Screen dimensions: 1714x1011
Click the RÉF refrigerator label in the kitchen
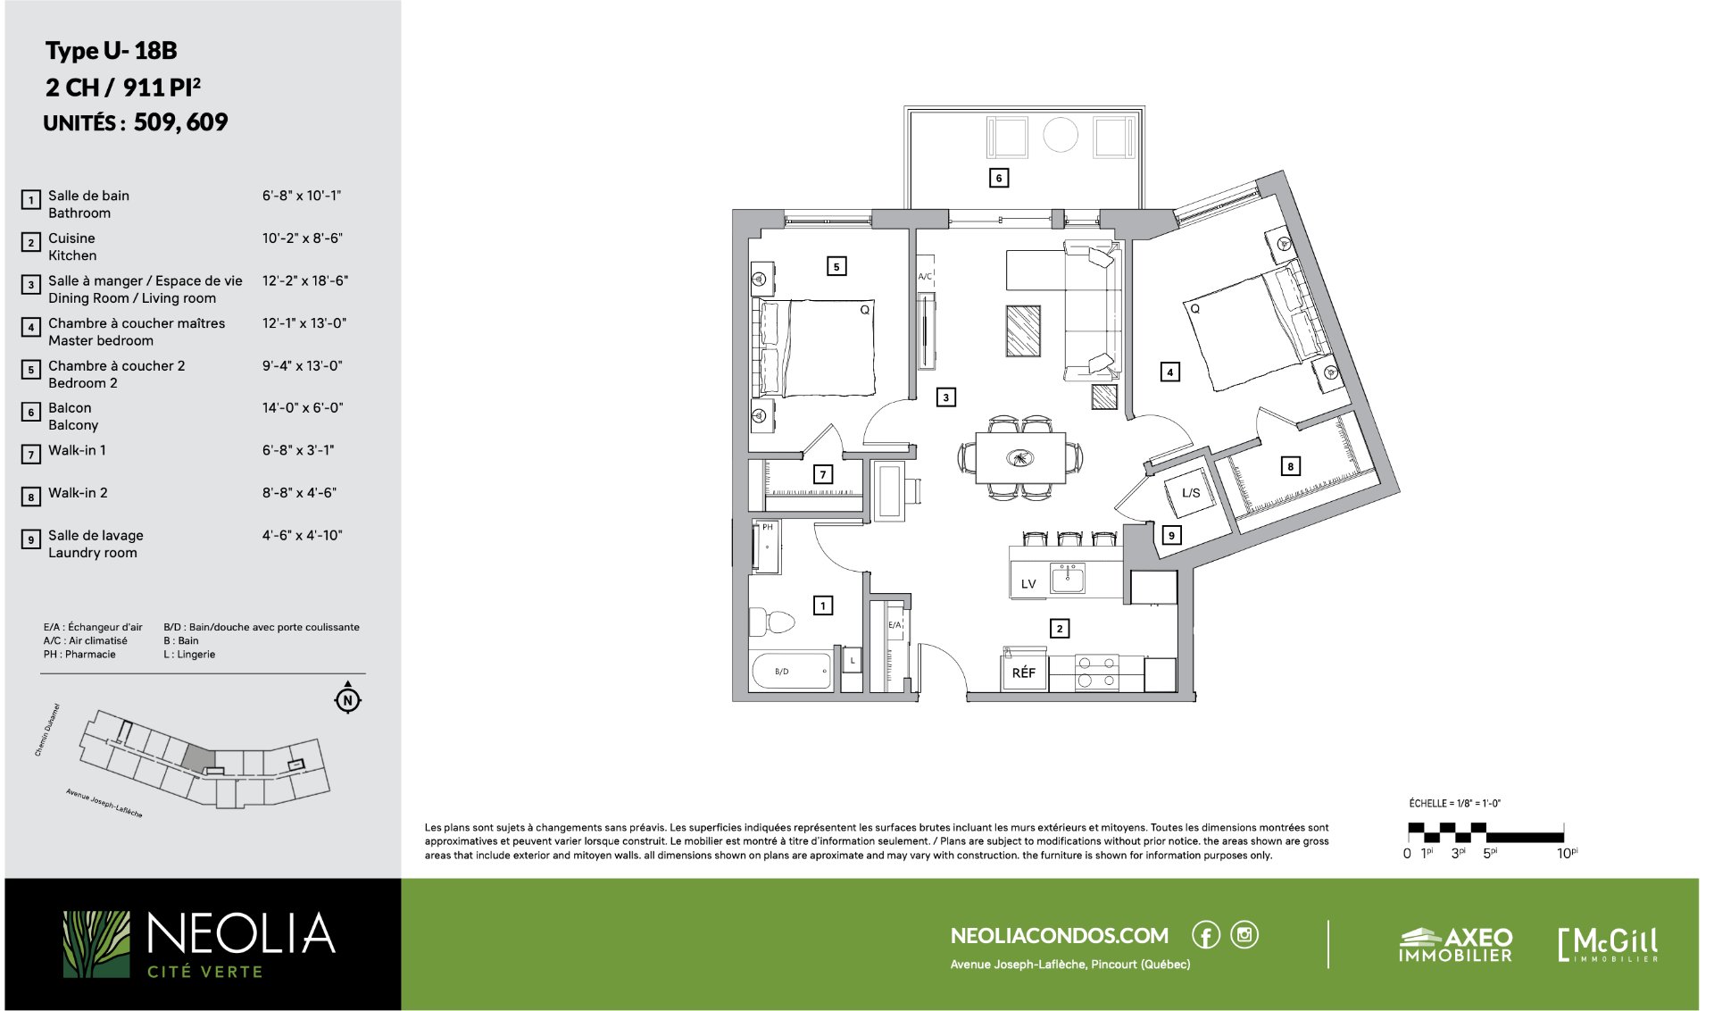click(1023, 673)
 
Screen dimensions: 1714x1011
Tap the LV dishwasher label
click(1028, 584)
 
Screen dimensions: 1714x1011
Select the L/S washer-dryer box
click(1191, 492)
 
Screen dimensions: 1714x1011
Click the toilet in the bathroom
click(772, 621)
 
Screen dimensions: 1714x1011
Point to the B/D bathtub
click(792, 671)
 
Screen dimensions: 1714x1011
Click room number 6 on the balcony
click(999, 178)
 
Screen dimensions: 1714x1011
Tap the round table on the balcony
click(1061, 136)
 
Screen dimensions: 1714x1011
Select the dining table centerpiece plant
click(1019, 458)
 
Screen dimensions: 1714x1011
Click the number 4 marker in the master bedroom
click(1169, 372)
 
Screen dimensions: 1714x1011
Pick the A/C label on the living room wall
click(925, 277)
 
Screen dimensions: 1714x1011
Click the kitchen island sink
click(1068, 579)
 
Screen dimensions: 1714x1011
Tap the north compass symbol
click(348, 698)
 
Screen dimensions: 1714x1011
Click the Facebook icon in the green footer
click(1206, 935)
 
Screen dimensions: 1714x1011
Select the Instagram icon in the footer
click(1244, 935)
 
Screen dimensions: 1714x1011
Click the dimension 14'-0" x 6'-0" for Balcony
click(303, 408)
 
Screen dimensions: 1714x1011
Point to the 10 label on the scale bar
click(1564, 854)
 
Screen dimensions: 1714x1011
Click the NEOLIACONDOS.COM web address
click(1060, 936)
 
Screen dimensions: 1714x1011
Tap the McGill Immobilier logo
click(1608, 945)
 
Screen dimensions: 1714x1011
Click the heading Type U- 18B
click(112, 51)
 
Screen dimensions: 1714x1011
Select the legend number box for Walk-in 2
click(31, 497)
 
